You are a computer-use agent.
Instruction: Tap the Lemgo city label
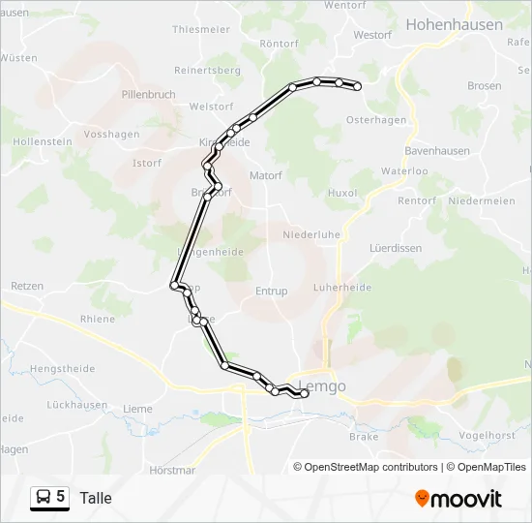[322, 387]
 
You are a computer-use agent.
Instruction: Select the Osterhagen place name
[376, 119]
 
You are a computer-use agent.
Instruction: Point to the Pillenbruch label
[149, 94]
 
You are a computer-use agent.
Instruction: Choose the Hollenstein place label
[42, 141]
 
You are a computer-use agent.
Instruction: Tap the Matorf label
[265, 176]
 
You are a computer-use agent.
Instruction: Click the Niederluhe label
[310, 234]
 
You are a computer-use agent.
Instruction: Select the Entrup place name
[272, 291]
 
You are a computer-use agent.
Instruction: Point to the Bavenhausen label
[436, 152]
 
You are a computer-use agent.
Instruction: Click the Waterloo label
[404, 170]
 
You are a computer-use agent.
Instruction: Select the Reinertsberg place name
[207, 71]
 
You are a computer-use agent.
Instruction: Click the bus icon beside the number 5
[44, 498]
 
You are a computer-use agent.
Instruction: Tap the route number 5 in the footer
[61, 497]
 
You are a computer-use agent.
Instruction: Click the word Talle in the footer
[96, 498]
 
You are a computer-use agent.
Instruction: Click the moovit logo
[458, 498]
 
